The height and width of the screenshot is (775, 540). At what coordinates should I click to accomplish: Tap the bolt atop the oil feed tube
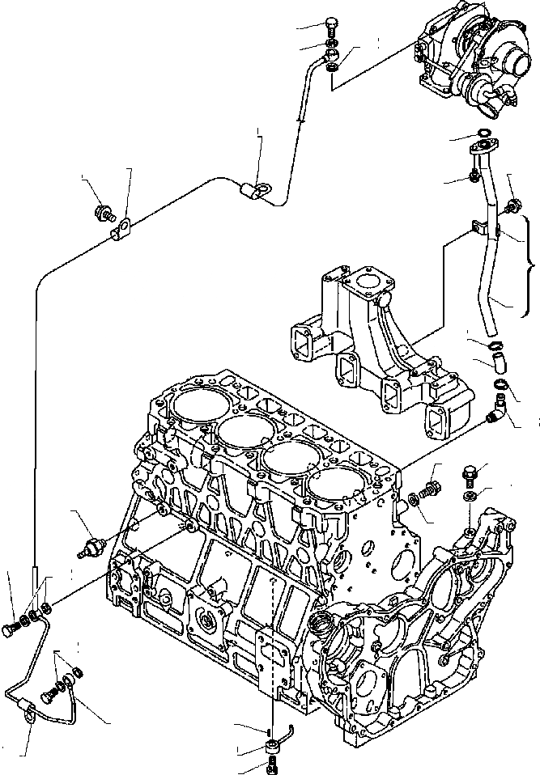(x=331, y=24)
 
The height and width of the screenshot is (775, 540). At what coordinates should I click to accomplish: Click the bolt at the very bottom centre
(x=271, y=763)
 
